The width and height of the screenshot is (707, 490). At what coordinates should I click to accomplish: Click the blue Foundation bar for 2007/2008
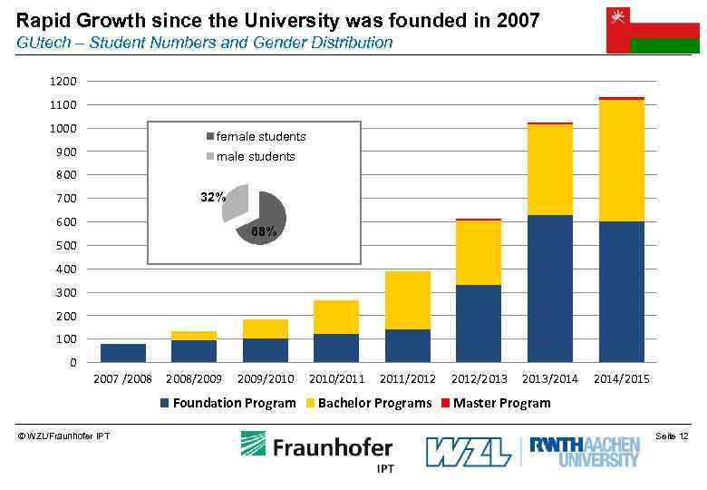(123, 353)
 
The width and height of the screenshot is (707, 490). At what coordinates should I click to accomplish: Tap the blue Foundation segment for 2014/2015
(621, 291)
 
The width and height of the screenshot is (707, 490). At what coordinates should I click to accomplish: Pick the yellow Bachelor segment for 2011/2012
(407, 299)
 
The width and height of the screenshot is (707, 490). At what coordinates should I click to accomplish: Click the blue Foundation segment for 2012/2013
(479, 323)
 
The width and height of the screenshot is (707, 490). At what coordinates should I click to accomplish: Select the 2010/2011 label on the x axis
(337, 378)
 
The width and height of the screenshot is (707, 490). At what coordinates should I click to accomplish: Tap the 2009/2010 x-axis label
(266, 378)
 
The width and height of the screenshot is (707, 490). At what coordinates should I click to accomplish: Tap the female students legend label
(260, 137)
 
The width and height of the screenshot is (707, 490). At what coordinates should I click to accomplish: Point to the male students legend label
(255, 157)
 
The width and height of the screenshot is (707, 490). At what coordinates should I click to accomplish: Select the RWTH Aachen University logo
(585, 451)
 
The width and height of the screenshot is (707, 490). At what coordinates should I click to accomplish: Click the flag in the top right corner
(652, 29)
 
